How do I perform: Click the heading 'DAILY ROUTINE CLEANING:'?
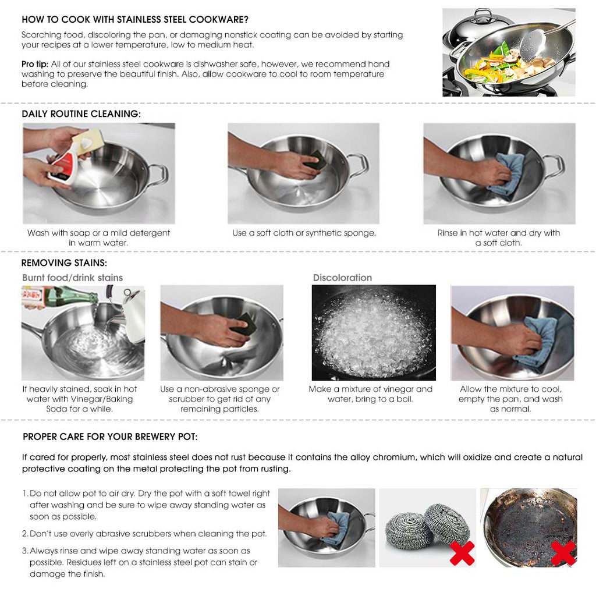[81, 114]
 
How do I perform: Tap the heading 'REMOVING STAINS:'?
[64, 263]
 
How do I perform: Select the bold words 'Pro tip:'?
[35, 64]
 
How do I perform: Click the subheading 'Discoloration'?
[342, 278]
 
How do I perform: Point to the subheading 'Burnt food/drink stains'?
[73, 278]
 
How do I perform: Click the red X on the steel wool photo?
[462, 553]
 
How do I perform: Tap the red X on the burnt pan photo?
[563, 553]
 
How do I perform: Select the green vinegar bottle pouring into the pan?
[64, 296]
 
